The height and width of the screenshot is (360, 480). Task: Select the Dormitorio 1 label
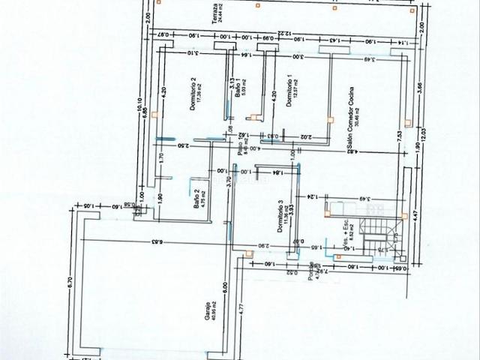point(289,93)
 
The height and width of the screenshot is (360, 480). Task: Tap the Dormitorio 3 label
point(280,217)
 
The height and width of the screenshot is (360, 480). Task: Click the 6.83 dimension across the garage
point(156,241)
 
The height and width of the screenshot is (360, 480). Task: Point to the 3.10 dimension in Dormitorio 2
point(191,53)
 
